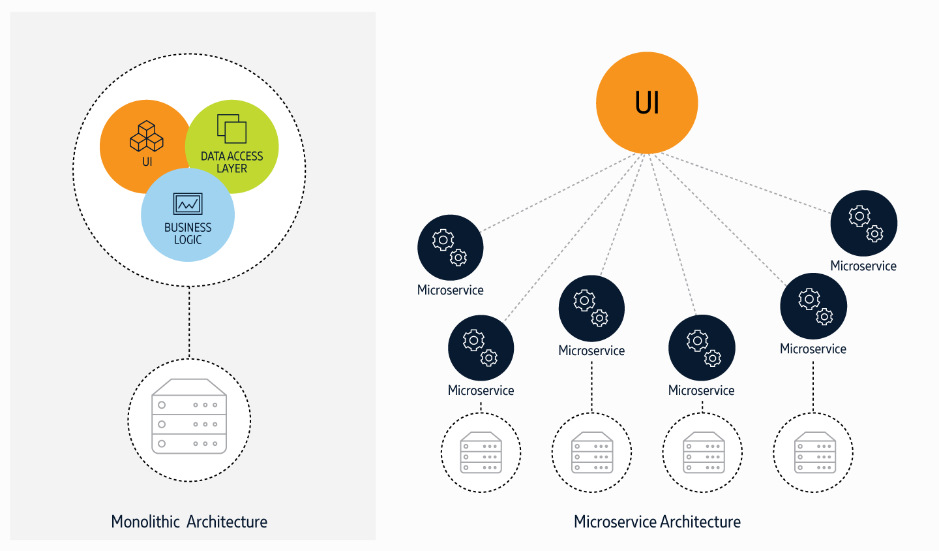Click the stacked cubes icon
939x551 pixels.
147,136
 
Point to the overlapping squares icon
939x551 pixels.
231,129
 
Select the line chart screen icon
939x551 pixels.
188,204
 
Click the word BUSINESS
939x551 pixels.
188,227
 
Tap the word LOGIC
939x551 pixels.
188,240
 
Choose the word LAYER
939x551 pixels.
231,168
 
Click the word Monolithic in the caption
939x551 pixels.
145,522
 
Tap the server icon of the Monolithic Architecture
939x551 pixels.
189,418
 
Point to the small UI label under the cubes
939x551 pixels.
147,161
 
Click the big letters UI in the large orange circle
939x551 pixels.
647,103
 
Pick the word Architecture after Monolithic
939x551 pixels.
227,522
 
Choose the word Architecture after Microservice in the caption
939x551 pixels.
700,522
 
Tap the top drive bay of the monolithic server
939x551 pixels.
189,405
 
